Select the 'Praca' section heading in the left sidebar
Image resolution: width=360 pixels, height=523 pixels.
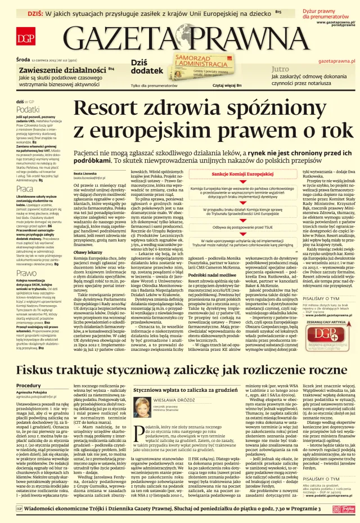tap(25, 188)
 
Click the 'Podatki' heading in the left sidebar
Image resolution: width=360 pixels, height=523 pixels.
tap(28, 110)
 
